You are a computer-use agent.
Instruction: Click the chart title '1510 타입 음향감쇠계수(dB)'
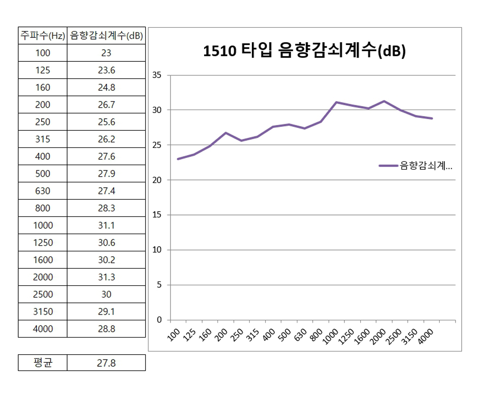[x=305, y=51]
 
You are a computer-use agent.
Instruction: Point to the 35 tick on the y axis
[x=157, y=75]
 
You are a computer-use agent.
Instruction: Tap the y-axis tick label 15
[x=157, y=215]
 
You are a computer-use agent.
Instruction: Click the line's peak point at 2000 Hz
[x=384, y=101]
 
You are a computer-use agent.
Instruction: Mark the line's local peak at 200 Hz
[x=226, y=133]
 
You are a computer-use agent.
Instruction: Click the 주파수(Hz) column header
[x=43, y=36]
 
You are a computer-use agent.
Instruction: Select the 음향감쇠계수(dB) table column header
[x=106, y=36]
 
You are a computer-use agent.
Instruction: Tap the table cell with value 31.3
[x=106, y=277]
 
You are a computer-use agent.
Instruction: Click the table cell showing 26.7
[x=106, y=105]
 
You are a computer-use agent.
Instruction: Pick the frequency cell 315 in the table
[x=43, y=139]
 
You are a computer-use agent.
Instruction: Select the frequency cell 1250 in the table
[x=43, y=243]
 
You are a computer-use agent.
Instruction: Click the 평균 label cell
[x=43, y=363]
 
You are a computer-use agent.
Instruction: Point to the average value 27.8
[x=106, y=363]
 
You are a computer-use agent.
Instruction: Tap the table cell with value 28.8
[x=106, y=329]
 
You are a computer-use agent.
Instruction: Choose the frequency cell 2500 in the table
[x=43, y=294]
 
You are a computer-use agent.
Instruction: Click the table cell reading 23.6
[x=106, y=70]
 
